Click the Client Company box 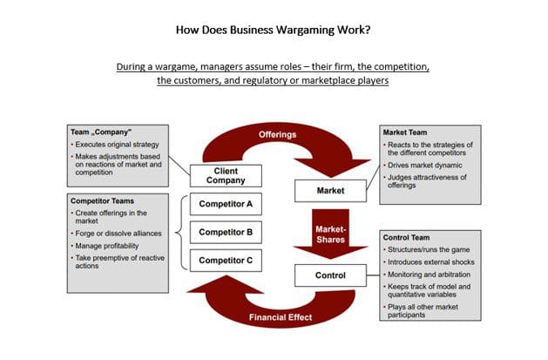point(226,175)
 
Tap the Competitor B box point(226,233)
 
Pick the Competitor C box point(226,260)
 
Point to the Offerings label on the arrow point(278,135)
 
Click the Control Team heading point(409,237)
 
